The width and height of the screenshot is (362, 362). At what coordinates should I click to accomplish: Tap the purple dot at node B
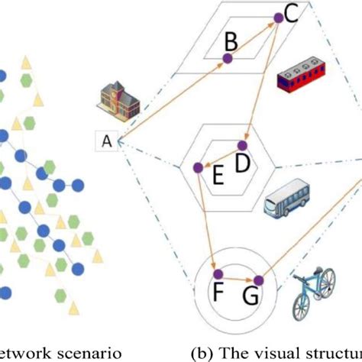(x=227, y=58)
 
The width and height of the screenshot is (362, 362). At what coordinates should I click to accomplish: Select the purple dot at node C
(x=279, y=18)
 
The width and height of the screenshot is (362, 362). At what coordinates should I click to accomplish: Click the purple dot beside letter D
(x=244, y=144)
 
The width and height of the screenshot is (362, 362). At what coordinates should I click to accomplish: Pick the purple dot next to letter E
(x=198, y=166)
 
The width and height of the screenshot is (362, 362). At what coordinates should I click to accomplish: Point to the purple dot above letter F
(x=217, y=274)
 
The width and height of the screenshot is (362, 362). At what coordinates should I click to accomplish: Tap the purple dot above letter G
(x=257, y=280)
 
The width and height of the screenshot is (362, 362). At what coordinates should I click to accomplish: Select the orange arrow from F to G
(x=237, y=277)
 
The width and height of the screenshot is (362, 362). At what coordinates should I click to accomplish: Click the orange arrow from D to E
(x=221, y=156)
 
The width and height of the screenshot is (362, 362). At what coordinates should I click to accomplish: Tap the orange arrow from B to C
(x=253, y=38)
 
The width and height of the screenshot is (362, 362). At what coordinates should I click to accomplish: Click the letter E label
(x=217, y=178)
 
